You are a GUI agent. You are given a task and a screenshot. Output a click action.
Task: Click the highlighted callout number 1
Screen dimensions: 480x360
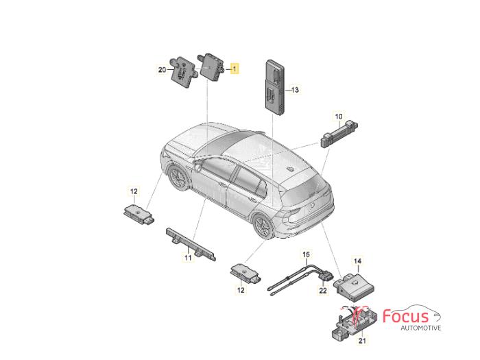click(x=235, y=69)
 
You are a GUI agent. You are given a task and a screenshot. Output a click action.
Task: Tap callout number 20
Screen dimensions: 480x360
click(x=162, y=70)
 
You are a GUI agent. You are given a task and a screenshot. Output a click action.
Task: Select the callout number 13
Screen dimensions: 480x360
click(x=294, y=90)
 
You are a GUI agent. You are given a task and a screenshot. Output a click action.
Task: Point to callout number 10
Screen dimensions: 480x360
click(x=339, y=117)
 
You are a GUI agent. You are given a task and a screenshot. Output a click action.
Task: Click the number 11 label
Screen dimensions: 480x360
click(x=188, y=258)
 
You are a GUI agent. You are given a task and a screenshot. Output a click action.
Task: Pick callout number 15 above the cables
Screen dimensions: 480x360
click(x=306, y=254)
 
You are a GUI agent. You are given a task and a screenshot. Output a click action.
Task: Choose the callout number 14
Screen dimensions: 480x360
click(x=357, y=261)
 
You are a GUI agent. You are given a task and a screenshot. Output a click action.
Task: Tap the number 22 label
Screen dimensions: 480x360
click(x=323, y=291)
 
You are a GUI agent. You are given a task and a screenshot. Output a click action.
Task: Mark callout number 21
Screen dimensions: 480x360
click(x=362, y=340)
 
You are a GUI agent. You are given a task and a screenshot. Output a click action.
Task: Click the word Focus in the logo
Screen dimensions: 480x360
click(x=406, y=316)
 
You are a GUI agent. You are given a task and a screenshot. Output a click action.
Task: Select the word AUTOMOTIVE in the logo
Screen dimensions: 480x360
click(x=421, y=328)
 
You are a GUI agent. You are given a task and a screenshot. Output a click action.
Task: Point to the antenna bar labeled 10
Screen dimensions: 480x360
click(x=339, y=134)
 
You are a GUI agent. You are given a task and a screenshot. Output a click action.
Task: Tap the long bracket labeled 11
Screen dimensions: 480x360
click(x=191, y=244)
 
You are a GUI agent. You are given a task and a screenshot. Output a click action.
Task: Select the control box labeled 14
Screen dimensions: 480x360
click(x=354, y=287)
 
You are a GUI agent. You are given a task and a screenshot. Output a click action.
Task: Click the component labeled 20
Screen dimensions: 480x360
click(x=182, y=72)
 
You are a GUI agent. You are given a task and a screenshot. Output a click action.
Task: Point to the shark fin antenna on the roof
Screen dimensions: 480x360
click(x=290, y=169)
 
